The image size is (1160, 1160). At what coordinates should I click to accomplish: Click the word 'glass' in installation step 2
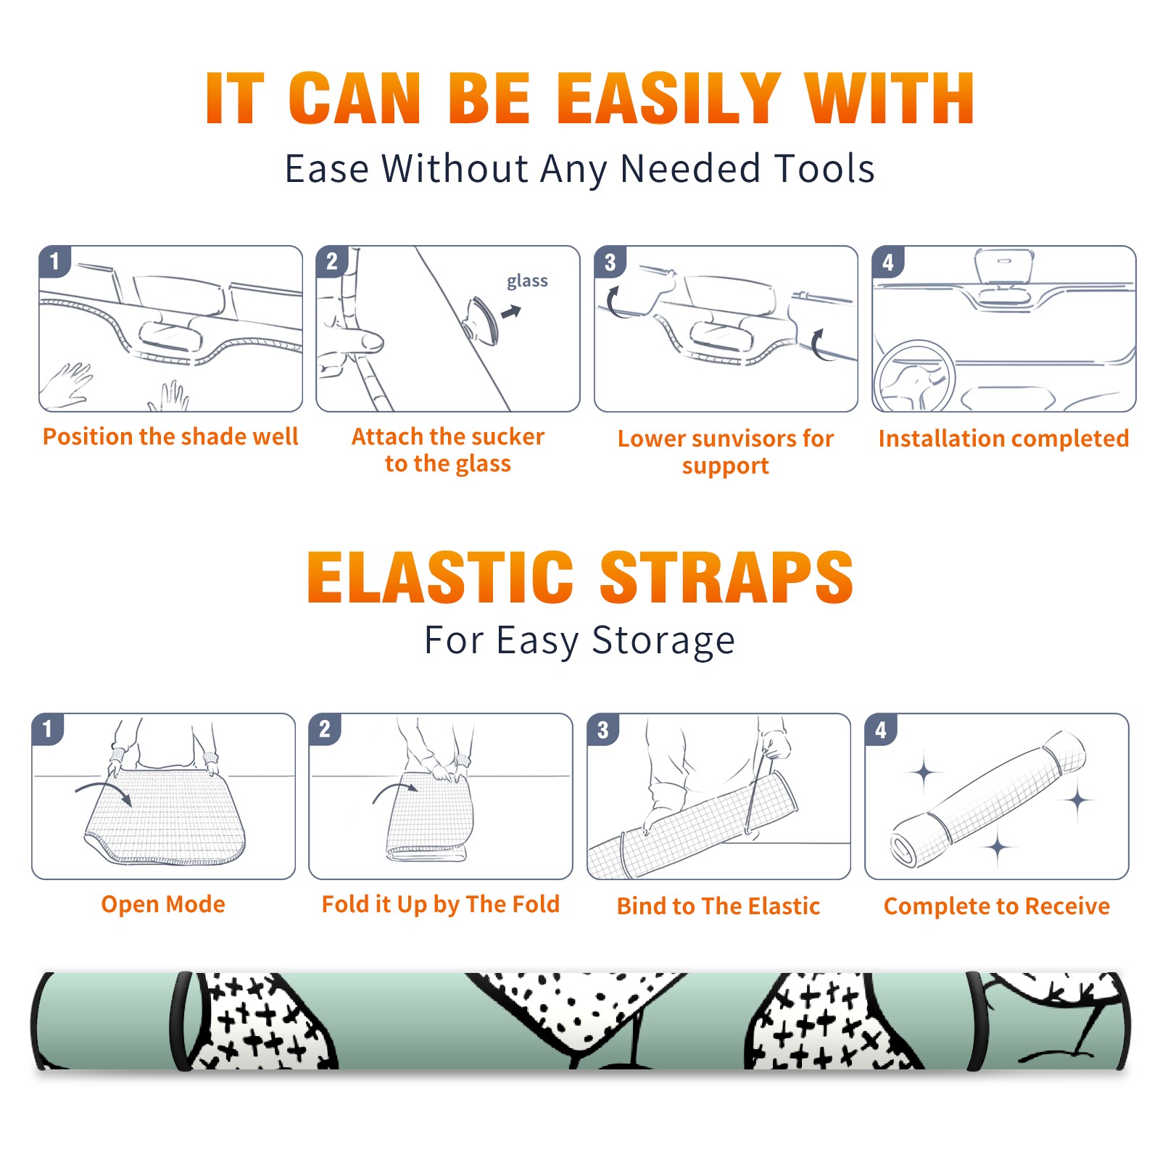[x=527, y=281]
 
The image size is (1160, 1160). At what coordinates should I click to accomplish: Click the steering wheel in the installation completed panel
[x=914, y=376]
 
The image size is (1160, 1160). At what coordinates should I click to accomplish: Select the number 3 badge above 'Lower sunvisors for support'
[x=610, y=262]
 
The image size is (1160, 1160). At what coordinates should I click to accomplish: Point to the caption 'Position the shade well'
[x=170, y=436]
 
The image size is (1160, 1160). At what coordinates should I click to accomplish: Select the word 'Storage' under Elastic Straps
[x=663, y=641]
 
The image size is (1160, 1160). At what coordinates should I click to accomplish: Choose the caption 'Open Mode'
[x=163, y=904]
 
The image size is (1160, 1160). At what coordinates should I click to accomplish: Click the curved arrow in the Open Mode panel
[x=103, y=792]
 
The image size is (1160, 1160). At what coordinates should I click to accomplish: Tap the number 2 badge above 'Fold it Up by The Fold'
[x=324, y=729]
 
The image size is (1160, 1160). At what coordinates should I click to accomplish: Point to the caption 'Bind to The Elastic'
[x=718, y=906]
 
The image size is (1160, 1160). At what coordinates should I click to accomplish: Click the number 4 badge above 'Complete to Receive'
[x=880, y=729]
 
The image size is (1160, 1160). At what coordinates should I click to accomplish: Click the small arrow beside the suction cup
[x=511, y=312]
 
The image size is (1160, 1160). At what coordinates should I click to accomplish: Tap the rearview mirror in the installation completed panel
[x=1004, y=267]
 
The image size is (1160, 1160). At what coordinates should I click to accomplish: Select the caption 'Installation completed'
[x=1003, y=439]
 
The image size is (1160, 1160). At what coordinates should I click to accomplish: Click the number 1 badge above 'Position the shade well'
[x=54, y=261]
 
